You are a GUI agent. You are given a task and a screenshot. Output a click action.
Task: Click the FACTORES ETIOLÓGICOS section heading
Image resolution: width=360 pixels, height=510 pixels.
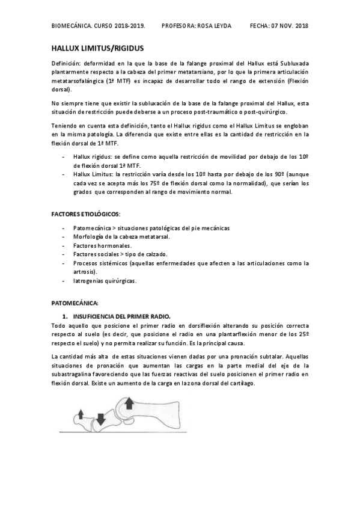(x=85, y=214)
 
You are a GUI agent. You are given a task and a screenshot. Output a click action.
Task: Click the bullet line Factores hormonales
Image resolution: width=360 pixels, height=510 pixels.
(x=102, y=245)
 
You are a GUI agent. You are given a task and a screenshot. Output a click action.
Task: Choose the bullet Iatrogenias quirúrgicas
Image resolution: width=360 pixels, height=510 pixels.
(x=105, y=280)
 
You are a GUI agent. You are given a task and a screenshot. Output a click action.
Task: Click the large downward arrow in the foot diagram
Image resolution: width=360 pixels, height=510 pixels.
(x=100, y=419)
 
